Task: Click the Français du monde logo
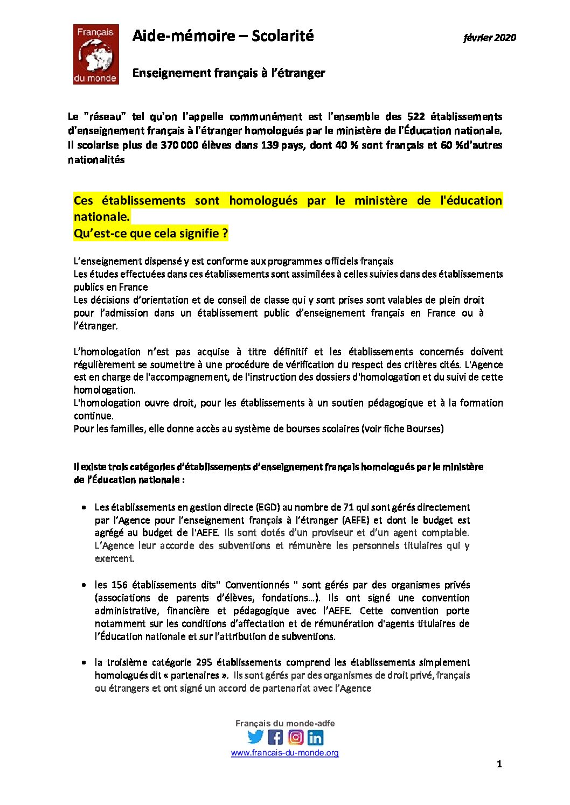click(96, 54)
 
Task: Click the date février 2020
click(489, 38)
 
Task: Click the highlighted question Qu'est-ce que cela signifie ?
click(151, 234)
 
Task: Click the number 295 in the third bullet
click(204, 662)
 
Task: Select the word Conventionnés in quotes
click(257, 585)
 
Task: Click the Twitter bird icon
click(255, 737)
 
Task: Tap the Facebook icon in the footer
click(275, 737)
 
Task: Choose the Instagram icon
click(295, 737)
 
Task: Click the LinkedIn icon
click(315, 737)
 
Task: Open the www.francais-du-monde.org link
click(284, 753)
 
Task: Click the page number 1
click(499, 764)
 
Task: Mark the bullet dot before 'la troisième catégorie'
click(84, 663)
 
